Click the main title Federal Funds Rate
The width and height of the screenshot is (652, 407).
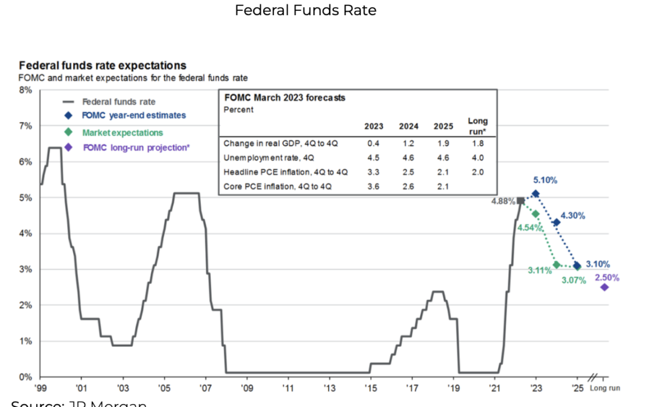tap(305, 11)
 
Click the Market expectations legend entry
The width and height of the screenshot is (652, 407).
tap(123, 132)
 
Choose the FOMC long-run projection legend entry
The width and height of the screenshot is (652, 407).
tap(135, 147)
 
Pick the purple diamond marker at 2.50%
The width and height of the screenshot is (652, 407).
tap(604, 287)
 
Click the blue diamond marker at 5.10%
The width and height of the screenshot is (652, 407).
tap(535, 194)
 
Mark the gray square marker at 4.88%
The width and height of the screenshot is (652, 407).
tap(521, 200)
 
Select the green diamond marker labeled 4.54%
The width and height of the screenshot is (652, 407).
tap(535, 213)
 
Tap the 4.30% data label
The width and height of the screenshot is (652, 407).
tap(572, 215)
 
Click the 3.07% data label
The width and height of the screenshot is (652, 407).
tap(574, 280)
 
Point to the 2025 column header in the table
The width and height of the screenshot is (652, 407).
tap(443, 127)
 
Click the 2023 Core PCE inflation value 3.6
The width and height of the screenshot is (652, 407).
tap(373, 187)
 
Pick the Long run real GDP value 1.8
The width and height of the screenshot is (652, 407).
tap(478, 144)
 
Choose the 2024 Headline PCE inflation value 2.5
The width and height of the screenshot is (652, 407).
tap(408, 172)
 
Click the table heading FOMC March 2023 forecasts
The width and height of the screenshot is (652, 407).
tap(284, 98)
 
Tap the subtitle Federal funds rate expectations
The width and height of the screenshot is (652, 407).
tap(103, 65)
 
